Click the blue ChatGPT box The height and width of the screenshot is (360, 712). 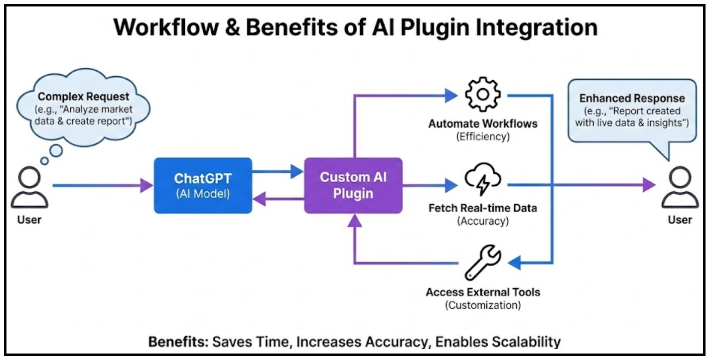pos(202,185)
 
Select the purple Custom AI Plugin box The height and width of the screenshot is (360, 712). pos(353,185)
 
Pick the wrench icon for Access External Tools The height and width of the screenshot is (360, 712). pos(482,261)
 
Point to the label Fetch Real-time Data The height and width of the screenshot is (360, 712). pos(482,208)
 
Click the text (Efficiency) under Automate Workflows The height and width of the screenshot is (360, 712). pos(482,137)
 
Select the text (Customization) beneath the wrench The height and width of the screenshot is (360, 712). pos(482,305)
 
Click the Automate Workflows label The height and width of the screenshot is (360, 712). pos(482,123)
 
